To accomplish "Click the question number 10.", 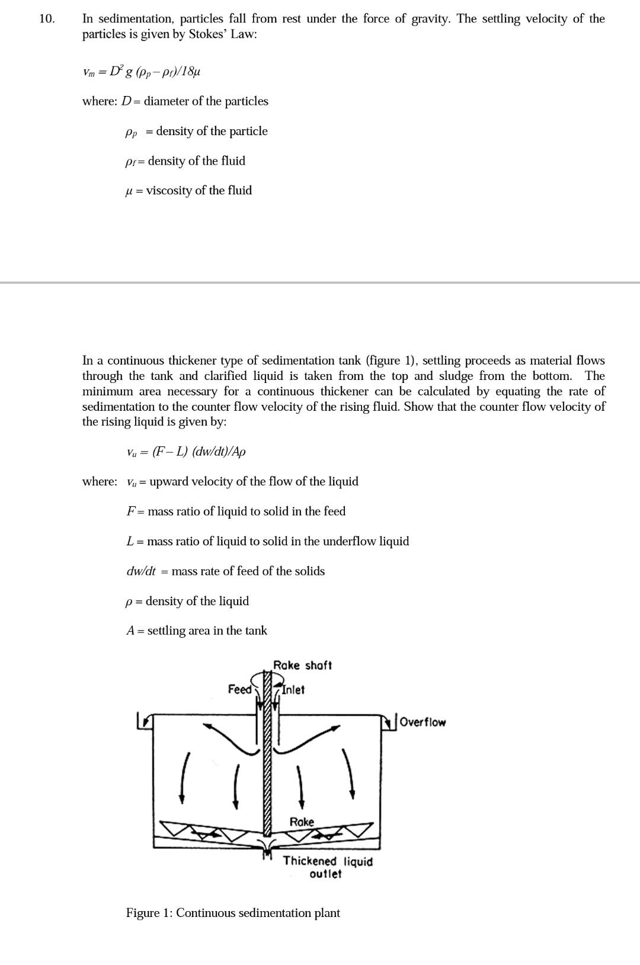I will coord(46,19).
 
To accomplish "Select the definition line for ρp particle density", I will coord(196,131).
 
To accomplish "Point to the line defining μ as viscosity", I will coord(189,190).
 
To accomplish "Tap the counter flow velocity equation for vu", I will coord(186,452).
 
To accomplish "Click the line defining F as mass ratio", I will coord(236,511).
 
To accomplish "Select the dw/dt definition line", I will coord(225,571).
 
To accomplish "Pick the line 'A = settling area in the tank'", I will coord(196,631).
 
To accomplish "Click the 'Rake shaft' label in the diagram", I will coord(302,666).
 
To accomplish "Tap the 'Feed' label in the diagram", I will coord(239,689).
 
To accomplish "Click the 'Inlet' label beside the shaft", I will coord(293,690).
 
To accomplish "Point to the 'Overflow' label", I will coord(423,722).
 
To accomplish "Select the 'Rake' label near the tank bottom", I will coord(302,822).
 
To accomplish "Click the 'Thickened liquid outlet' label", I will coord(327,867).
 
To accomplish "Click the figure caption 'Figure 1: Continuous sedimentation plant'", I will coord(233,913).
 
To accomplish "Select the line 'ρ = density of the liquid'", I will coord(187,601).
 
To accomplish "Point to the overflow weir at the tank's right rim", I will coord(389,722).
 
